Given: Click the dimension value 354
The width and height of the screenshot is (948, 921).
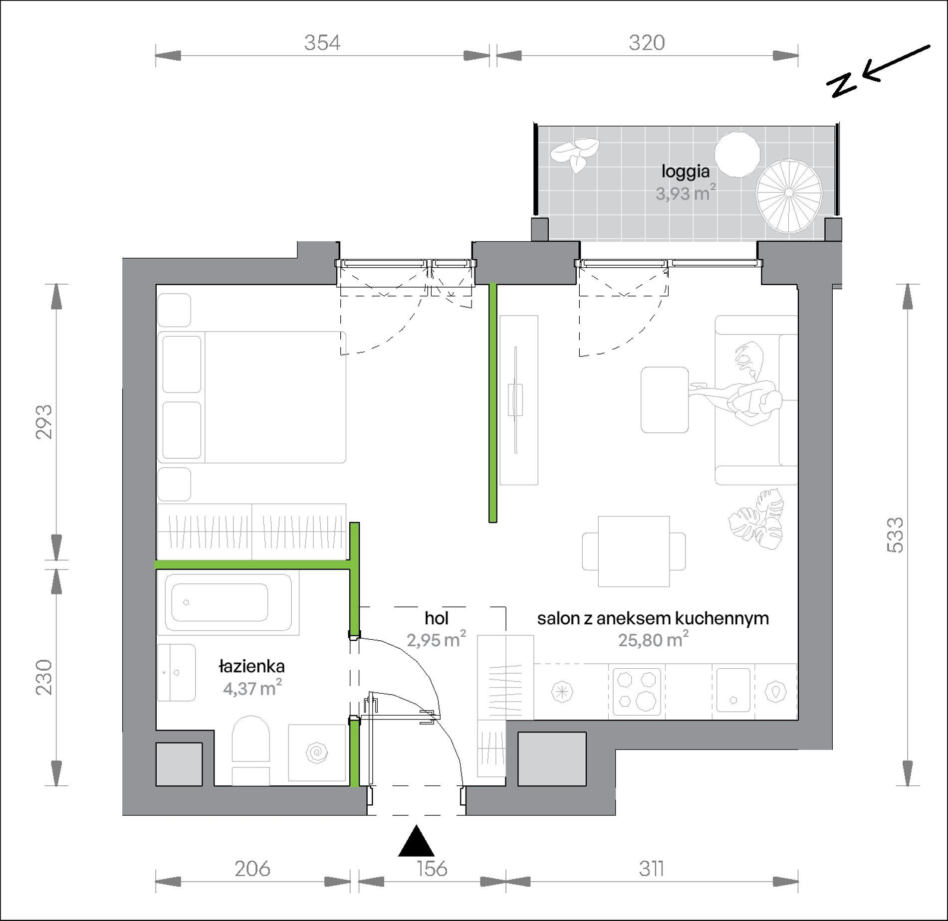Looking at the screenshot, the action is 322,43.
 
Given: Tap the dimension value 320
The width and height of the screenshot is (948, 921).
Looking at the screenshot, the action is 647,43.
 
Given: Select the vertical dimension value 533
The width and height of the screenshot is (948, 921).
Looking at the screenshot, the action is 895,535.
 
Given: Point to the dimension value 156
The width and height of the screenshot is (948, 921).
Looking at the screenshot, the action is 432,869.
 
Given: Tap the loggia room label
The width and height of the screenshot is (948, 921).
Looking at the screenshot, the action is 686,172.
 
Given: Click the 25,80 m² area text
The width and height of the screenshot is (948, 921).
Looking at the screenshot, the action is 654,639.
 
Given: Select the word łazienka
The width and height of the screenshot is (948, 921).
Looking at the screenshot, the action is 252,666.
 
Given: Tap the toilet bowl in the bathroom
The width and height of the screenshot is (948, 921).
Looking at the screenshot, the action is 250,741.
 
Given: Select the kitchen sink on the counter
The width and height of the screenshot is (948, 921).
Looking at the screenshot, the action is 733,690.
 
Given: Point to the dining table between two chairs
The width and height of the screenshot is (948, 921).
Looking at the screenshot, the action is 634,552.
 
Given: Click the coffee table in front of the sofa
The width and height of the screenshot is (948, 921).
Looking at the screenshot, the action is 665,400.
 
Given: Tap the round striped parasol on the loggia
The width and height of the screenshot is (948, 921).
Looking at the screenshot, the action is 789,192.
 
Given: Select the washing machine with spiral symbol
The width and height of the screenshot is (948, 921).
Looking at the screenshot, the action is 317,753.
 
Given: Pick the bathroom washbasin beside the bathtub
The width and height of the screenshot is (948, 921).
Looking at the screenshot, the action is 176,673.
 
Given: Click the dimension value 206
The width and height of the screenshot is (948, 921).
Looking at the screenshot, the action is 252,869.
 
